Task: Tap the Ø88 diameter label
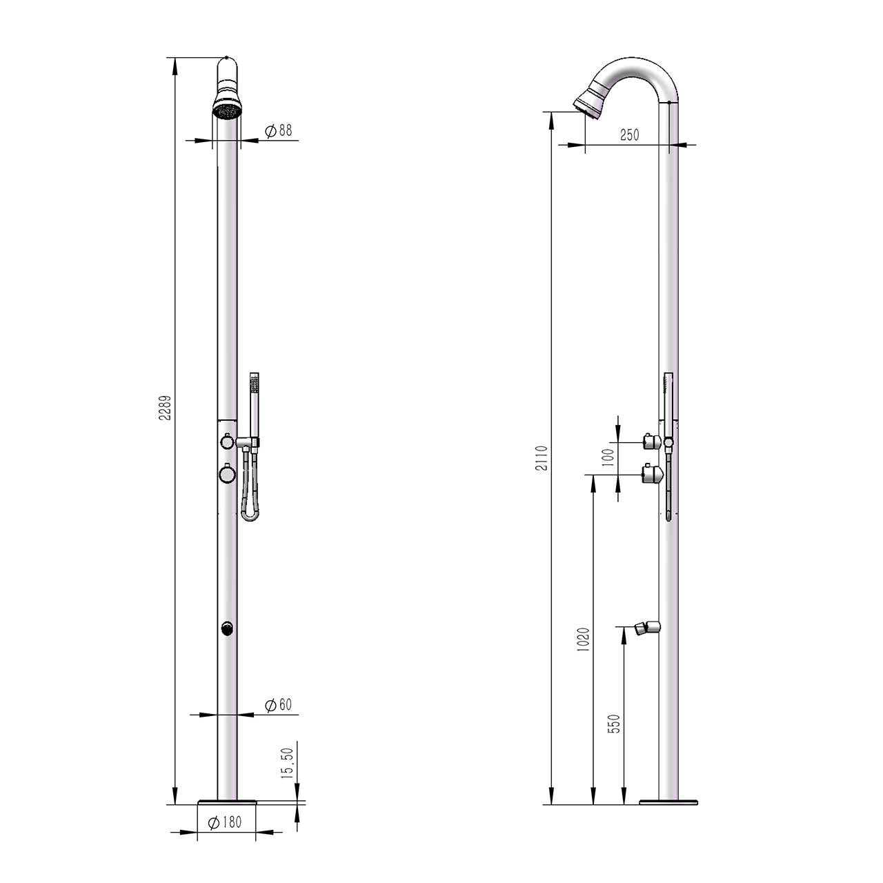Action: coord(278,131)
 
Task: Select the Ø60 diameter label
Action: coord(278,705)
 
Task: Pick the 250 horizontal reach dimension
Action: coord(629,135)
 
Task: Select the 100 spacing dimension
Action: coord(607,457)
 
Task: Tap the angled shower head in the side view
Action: coord(590,101)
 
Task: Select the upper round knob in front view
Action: coord(226,441)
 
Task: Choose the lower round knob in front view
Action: coord(226,474)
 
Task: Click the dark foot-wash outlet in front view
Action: coord(227,628)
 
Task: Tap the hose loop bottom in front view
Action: coord(250,516)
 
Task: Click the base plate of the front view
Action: coord(227,802)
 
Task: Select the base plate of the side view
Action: coord(668,802)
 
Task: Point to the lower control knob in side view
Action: coord(652,474)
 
